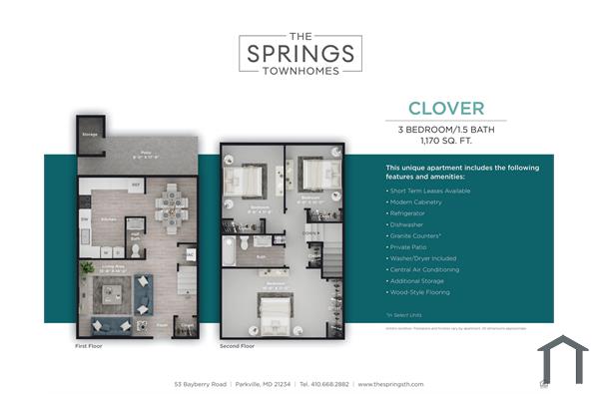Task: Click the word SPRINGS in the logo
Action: pos(299,52)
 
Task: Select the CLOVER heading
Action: pos(445,108)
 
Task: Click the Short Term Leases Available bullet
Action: pos(429,190)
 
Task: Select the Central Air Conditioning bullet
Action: pos(425,269)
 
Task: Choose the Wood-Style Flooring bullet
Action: pos(421,292)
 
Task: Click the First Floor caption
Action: pos(89,346)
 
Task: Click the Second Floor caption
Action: pos(237,346)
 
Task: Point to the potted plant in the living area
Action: pos(87,267)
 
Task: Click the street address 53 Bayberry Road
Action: pos(200,383)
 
